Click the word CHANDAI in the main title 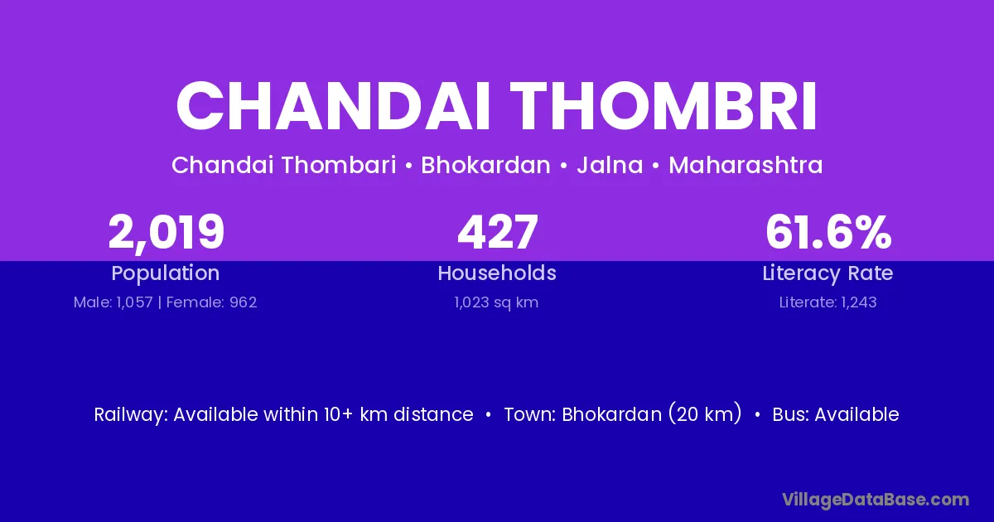pyautogui.click(x=333, y=107)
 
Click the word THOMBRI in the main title pyautogui.click(x=663, y=107)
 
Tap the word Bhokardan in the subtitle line pyautogui.click(x=485, y=165)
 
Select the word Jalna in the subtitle pyautogui.click(x=610, y=165)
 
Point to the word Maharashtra pyautogui.click(x=745, y=165)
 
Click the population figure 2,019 pyautogui.click(x=166, y=233)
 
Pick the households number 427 pyautogui.click(x=498, y=232)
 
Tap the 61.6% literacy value pyautogui.click(x=828, y=232)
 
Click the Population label pyautogui.click(x=166, y=273)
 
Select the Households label pyautogui.click(x=497, y=273)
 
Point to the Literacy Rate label pyautogui.click(x=828, y=273)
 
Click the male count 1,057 pyautogui.click(x=134, y=302)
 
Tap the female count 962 pyautogui.click(x=244, y=302)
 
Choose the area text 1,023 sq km pyautogui.click(x=496, y=302)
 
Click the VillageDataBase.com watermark pyautogui.click(x=876, y=500)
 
